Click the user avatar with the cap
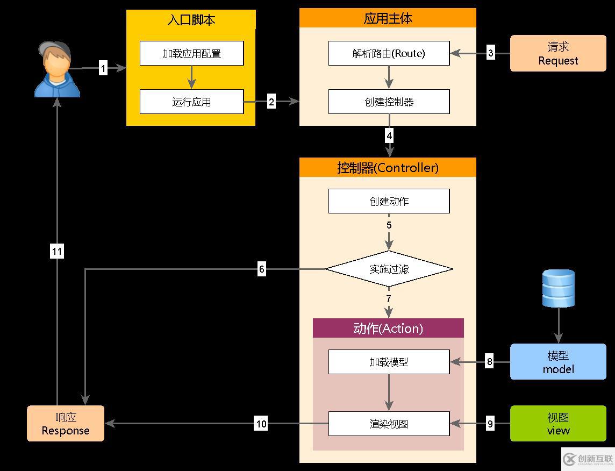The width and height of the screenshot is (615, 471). pos(57,69)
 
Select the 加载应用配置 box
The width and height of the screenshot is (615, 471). pos(191,54)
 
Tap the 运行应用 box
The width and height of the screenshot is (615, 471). pos(191,102)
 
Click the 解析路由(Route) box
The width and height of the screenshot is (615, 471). pos(389,53)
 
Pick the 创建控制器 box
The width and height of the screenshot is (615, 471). pos(389,102)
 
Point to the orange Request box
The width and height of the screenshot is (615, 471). pos(558,54)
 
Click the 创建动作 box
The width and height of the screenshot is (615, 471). pos(389,201)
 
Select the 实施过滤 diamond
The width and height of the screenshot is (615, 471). pos(389,269)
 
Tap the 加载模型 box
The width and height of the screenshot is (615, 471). pos(389,362)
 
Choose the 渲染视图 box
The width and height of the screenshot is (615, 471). pos(389,424)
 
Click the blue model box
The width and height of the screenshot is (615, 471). pos(558,362)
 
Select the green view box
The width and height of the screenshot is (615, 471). pos(558,424)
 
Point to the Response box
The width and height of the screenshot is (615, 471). pos(66,424)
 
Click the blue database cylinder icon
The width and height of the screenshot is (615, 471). pos(559,289)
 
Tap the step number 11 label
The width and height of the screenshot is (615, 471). pos(57,251)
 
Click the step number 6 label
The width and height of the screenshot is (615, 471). pos(262,269)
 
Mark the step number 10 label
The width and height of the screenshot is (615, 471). pos(261,424)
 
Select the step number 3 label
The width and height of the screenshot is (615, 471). pos(490,53)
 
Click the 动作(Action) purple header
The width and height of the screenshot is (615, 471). pos(388,328)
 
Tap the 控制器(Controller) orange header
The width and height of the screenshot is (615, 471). pos(388,167)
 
